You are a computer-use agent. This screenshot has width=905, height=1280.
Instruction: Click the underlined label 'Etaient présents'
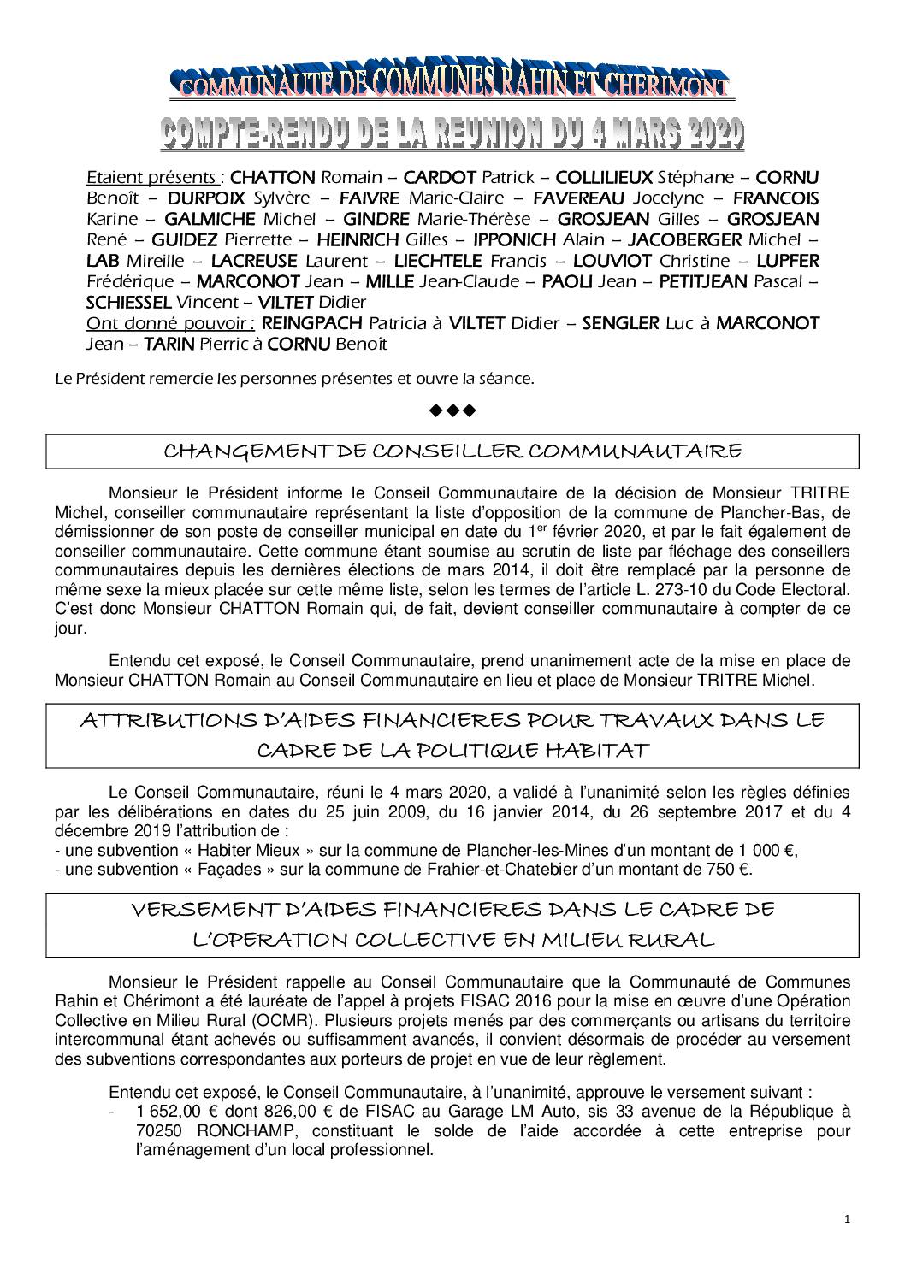pyautogui.click(x=152, y=178)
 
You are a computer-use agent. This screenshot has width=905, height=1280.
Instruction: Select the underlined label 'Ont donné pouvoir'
pyautogui.click(x=169, y=323)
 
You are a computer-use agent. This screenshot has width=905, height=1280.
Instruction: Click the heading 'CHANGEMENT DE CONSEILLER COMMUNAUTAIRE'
pyautogui.click(x=452, y=451)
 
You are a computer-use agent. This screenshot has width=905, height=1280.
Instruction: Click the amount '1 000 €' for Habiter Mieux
pyautogui.click(x=768, y=851)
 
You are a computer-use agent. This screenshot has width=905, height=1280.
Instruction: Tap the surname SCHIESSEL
pyautogui.click(x=128, y=302)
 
